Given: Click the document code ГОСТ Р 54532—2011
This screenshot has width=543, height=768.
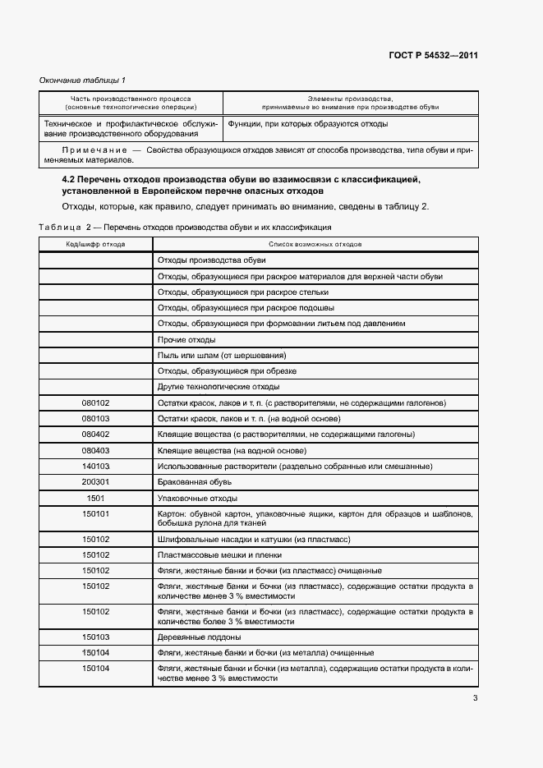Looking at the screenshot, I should [433, 56].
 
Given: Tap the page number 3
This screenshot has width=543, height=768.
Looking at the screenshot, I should [475, 698].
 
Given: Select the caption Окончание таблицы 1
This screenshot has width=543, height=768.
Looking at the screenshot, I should [82, 80].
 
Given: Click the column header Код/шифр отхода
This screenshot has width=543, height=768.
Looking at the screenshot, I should [96, 245].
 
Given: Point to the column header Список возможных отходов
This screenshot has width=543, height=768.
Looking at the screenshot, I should [315, 245].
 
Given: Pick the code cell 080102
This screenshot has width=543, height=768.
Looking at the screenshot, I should [96, 402].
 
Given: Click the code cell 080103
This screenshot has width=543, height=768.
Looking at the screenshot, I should [96, 418].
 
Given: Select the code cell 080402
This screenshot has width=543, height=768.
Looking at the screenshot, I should [96, 434].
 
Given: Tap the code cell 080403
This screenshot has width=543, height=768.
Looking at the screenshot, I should [96, 450].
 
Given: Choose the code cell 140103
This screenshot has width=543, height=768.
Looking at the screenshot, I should [96, 466].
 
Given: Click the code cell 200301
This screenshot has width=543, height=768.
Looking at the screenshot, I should [96, 481].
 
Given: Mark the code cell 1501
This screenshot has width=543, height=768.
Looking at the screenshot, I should [96, 498].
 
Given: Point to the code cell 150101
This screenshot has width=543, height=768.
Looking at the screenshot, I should [96, 513].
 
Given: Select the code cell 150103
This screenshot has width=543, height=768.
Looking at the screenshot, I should [96, 637].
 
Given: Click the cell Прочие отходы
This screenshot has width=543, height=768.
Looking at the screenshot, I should [186, 339].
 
